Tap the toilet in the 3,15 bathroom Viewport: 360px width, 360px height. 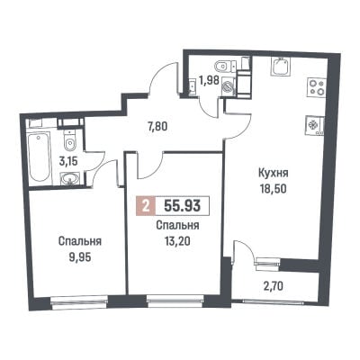(x=69, y=140)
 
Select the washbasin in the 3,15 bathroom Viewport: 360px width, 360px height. (x=69, y=178)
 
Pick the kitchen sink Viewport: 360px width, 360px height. (x=281, y=67)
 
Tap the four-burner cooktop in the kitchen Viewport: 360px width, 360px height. (x=316, y=87)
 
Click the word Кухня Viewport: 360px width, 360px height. (x=273, y=174)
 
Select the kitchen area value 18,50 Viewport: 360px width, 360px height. (x=273, y=189)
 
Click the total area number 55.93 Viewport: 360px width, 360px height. (x=182, y=206)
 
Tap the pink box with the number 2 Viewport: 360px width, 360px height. (x=146, y=206)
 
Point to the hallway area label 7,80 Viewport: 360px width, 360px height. (x=157, y=127)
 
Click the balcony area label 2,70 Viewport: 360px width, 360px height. (x=273, y=287)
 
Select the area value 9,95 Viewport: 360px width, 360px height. (x=80, y=257)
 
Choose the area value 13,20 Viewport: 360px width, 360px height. (x=177, y=240)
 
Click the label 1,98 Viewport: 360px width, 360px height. (x=208, y=81)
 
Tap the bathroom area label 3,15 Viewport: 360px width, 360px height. (x=68, y=162)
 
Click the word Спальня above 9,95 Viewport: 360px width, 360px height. (x=80, y=241)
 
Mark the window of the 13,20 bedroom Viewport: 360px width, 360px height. (x=175, y=301)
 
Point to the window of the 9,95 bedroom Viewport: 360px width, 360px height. (x=79, y=301)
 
